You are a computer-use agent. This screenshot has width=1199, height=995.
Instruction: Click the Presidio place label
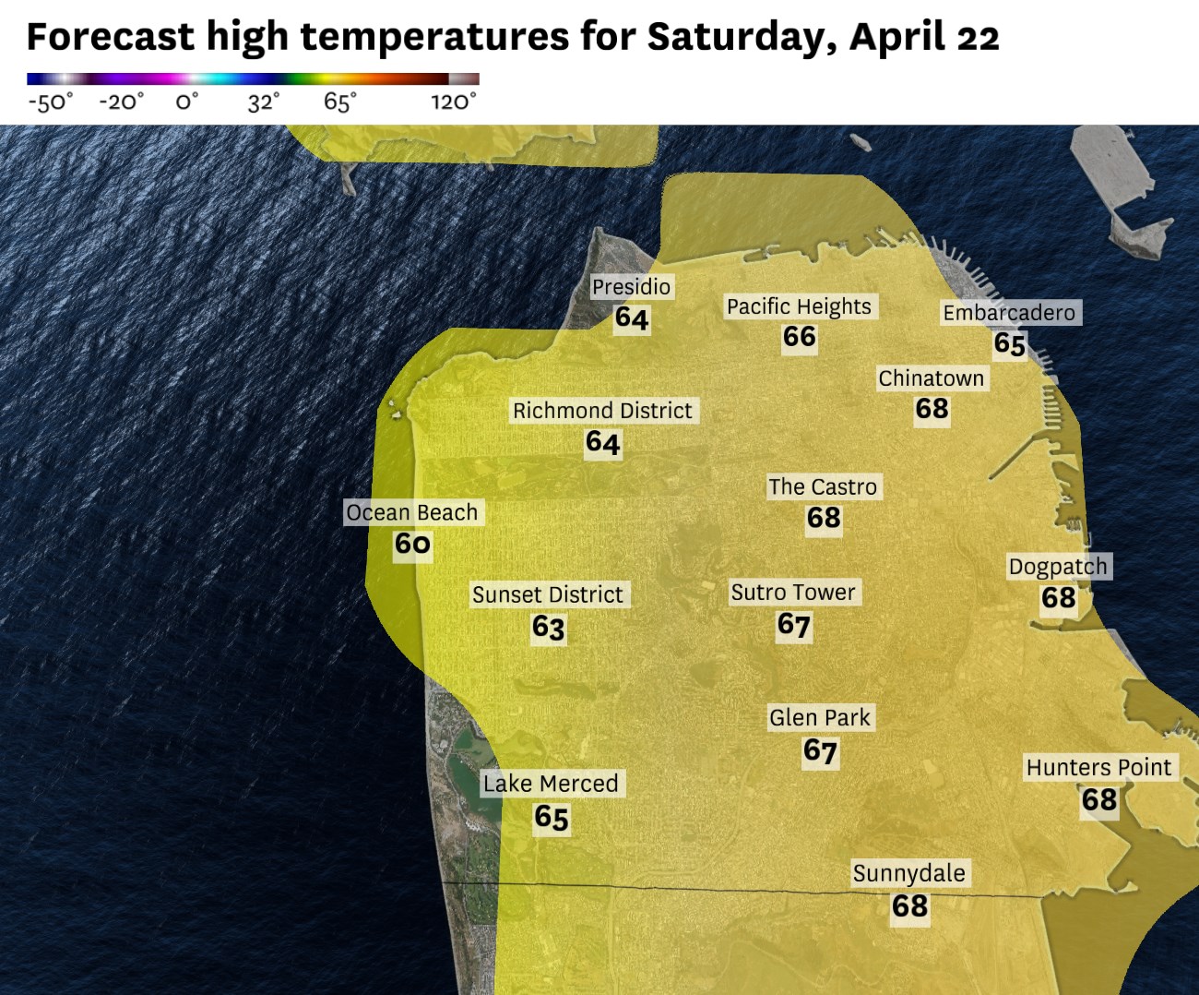pos(631,287)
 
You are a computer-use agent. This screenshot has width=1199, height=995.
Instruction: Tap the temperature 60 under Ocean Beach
pos(412,544)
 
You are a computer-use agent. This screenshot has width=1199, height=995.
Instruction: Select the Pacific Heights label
pos(799,306)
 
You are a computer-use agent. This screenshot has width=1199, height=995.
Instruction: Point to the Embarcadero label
pos(1009,313)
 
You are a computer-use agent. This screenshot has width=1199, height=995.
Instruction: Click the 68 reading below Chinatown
pos(932,409)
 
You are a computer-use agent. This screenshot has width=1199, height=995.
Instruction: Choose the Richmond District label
pos(602,411)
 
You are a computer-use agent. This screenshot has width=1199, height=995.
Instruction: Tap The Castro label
pos(823,486)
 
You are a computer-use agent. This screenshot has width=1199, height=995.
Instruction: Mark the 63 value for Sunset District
pos(548,628)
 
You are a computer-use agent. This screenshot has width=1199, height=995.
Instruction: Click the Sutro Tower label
pos(793,592)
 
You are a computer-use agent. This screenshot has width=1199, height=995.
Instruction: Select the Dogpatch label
pos(1058,566)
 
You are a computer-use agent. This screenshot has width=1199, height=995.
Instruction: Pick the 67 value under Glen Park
pos(820,751)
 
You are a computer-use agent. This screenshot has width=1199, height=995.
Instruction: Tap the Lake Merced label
pos(551,784)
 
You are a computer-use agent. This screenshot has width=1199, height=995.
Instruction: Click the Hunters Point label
pos(1098,767)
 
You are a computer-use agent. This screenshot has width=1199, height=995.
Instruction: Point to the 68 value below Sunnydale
pos(909,906)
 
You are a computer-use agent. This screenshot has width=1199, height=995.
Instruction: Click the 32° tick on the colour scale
pos(263,102)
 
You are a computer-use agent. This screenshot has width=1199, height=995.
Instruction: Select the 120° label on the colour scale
pos(454,102)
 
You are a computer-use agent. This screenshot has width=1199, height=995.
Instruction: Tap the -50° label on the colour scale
pos(50,102)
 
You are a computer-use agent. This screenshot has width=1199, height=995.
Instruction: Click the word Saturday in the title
pos(742,37)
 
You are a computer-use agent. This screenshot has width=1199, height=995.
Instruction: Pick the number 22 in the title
pos(978,37)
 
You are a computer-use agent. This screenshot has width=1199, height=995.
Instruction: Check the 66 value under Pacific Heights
pos(799,337)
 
